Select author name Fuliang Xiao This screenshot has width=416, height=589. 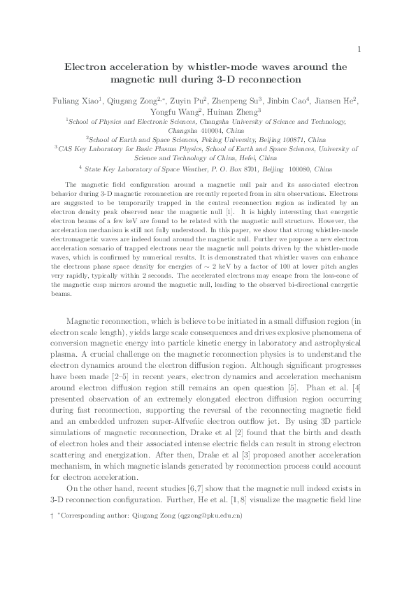(x=76, y=101)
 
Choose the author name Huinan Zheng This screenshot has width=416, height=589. (x=236, y=112)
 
